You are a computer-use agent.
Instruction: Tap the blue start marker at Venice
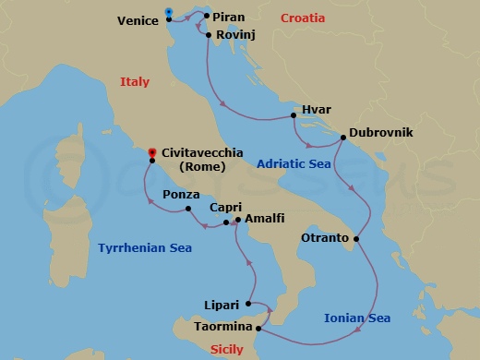(x=168, y=13)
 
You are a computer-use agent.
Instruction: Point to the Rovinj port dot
(x=210, y=36)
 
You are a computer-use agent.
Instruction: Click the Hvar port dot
(x=294, y=115)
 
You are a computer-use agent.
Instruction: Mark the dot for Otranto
(x=357, y=240)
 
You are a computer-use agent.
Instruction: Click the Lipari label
(x=222, y=304)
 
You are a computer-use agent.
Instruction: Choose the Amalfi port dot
(x=237, y=220)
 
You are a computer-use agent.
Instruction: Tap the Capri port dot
(x=227, y=222)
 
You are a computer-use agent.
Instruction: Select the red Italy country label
(x=135, y=82)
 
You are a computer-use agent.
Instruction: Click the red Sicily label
(x=227, y=349)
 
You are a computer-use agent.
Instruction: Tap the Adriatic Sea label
(x=294, y=163)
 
